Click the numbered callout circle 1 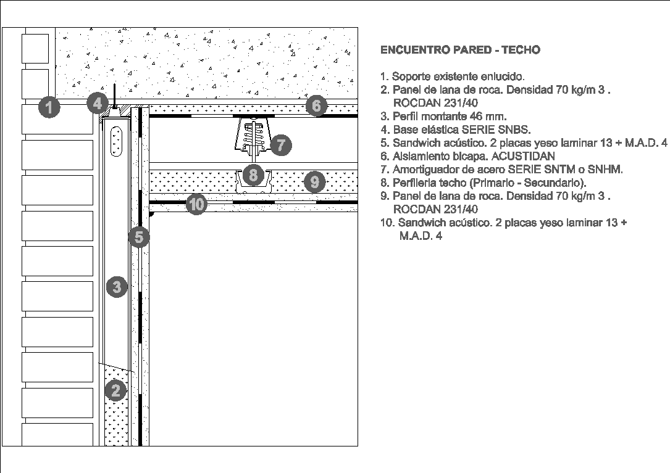[49, 108]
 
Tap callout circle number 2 [115, 390]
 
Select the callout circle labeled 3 [116, 286]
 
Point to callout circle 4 [97, 103]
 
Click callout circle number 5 [139, 237]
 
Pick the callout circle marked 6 [316, 105]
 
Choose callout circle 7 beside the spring [280, 145]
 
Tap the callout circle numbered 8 [253, 175]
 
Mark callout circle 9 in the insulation [314, 181]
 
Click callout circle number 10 [196, 204]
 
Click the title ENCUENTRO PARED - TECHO [460, 50]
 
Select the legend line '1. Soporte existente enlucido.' [452, 76]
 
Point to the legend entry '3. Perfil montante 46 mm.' [443, 116]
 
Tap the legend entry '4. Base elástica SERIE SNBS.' [455, 130]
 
